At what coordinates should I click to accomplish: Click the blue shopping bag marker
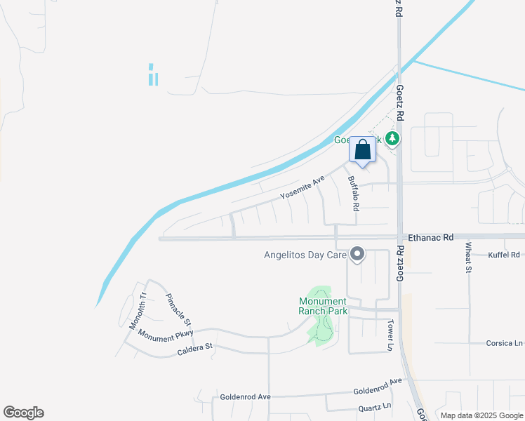tap(362, 150)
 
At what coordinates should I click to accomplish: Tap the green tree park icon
tap(393, 139)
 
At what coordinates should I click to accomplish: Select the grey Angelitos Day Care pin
tap(357, 254)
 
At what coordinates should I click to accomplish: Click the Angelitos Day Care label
tap(305, 255)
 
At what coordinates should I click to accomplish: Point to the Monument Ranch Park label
tap(323, 306)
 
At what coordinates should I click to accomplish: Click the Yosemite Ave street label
tap(303, 187)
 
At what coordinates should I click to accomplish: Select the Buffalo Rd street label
tap(353, 193)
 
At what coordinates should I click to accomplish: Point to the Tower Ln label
tap(391, 335)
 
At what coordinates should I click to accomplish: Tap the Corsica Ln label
tap(505, 343)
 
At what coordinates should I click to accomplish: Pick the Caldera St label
tap(194, 347)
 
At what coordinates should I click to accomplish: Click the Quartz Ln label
tap(373, 406)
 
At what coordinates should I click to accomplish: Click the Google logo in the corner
tap(23, 413)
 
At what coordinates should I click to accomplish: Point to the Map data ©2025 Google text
tap(481, 415)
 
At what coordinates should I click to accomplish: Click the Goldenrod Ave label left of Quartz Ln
tap(245, 396)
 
